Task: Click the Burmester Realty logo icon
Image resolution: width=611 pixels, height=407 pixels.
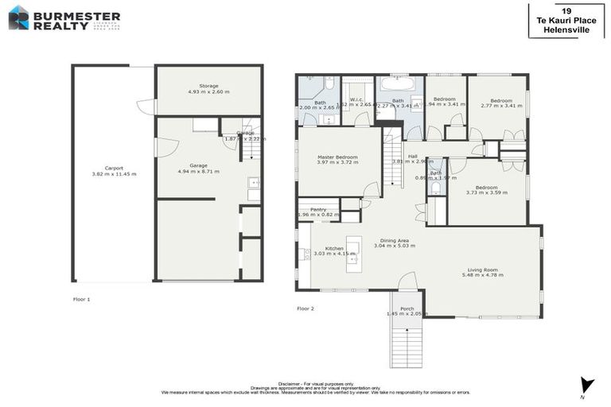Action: coord(18,17)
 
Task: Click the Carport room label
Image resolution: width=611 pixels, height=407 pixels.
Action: coord(114,168)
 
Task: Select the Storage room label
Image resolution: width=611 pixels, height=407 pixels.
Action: coord(208,86)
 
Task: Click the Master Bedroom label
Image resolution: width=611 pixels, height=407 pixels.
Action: coord(337,157)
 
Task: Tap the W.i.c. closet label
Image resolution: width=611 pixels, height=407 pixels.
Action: coord(356,100)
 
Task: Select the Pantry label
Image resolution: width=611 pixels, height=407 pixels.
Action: coord(318,209)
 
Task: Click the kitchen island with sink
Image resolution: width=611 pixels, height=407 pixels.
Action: coord(354,254)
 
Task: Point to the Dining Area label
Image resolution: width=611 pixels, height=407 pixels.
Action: coord(395,240)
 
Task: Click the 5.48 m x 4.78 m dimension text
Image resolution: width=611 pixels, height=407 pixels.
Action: coord(482,276)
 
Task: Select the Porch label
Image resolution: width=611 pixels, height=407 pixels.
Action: coord(407,308)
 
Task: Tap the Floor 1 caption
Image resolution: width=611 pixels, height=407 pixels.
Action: coord(81,299)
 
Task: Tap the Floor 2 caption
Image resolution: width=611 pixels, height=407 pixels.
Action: coord(305,308)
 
